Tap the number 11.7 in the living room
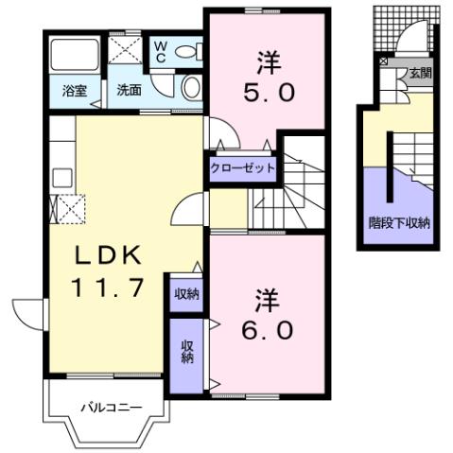point(110,287)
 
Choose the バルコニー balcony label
point(111,409)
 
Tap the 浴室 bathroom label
point(76,91)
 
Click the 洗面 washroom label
point(129,91)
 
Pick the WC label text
point(161,48)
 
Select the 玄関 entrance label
point(419,72)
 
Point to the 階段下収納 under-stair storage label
point(399,224)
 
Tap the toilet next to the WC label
point(191,52)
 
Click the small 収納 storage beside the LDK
point(187,293)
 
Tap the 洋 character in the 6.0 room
point(266,301)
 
